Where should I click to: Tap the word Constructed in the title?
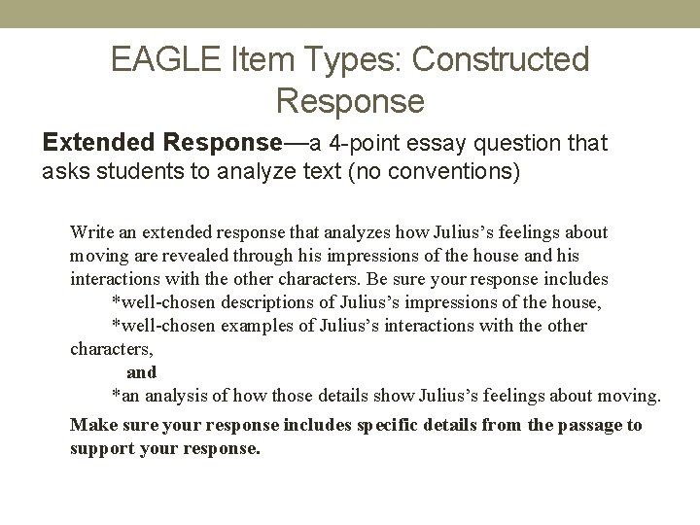coord(501,60)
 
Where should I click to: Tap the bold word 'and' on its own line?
coord(142,372)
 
